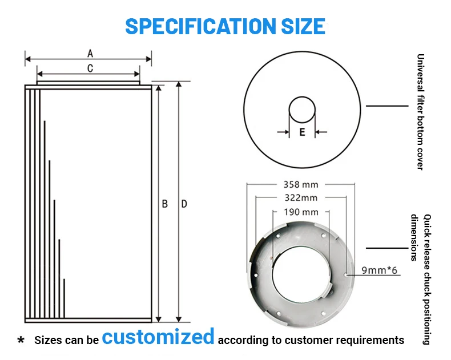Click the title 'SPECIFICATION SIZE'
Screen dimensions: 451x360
tap(225, 26)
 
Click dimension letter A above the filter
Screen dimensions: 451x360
tap(90, 54)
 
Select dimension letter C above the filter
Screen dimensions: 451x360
tap(90, 68)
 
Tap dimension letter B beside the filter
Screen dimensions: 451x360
tap(165, 204)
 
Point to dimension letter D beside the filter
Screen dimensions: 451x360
tap(184, 204)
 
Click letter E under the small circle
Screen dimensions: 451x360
tap(302, 132)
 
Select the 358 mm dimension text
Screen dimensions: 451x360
tap(300, 184)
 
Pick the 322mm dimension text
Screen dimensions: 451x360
tap(300, 198)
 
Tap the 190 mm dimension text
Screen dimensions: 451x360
tap(301, 212)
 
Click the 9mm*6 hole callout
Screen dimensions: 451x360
tap(379, 270)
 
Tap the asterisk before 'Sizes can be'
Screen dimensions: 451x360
tap(21, 341)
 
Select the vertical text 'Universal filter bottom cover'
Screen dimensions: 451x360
tap(420, 112)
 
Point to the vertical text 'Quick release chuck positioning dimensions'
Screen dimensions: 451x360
tap(422, 280)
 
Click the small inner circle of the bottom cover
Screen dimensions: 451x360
tap(301, 110)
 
